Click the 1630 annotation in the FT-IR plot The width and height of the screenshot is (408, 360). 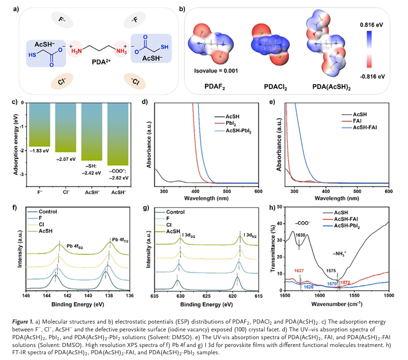(x=300, y=235)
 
